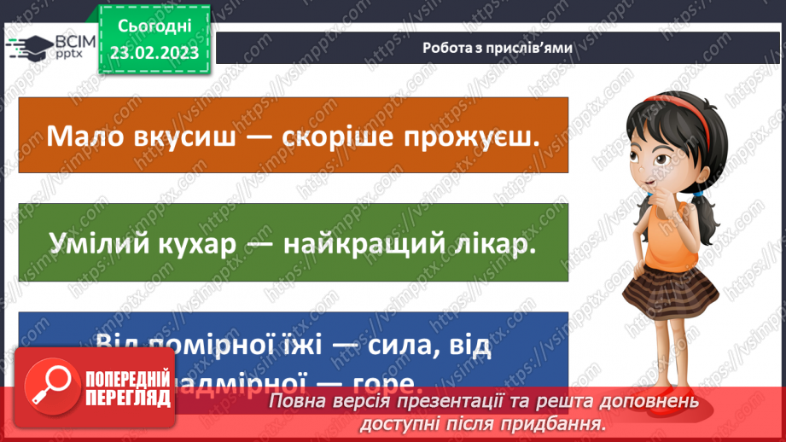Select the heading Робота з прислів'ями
point(497,47)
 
